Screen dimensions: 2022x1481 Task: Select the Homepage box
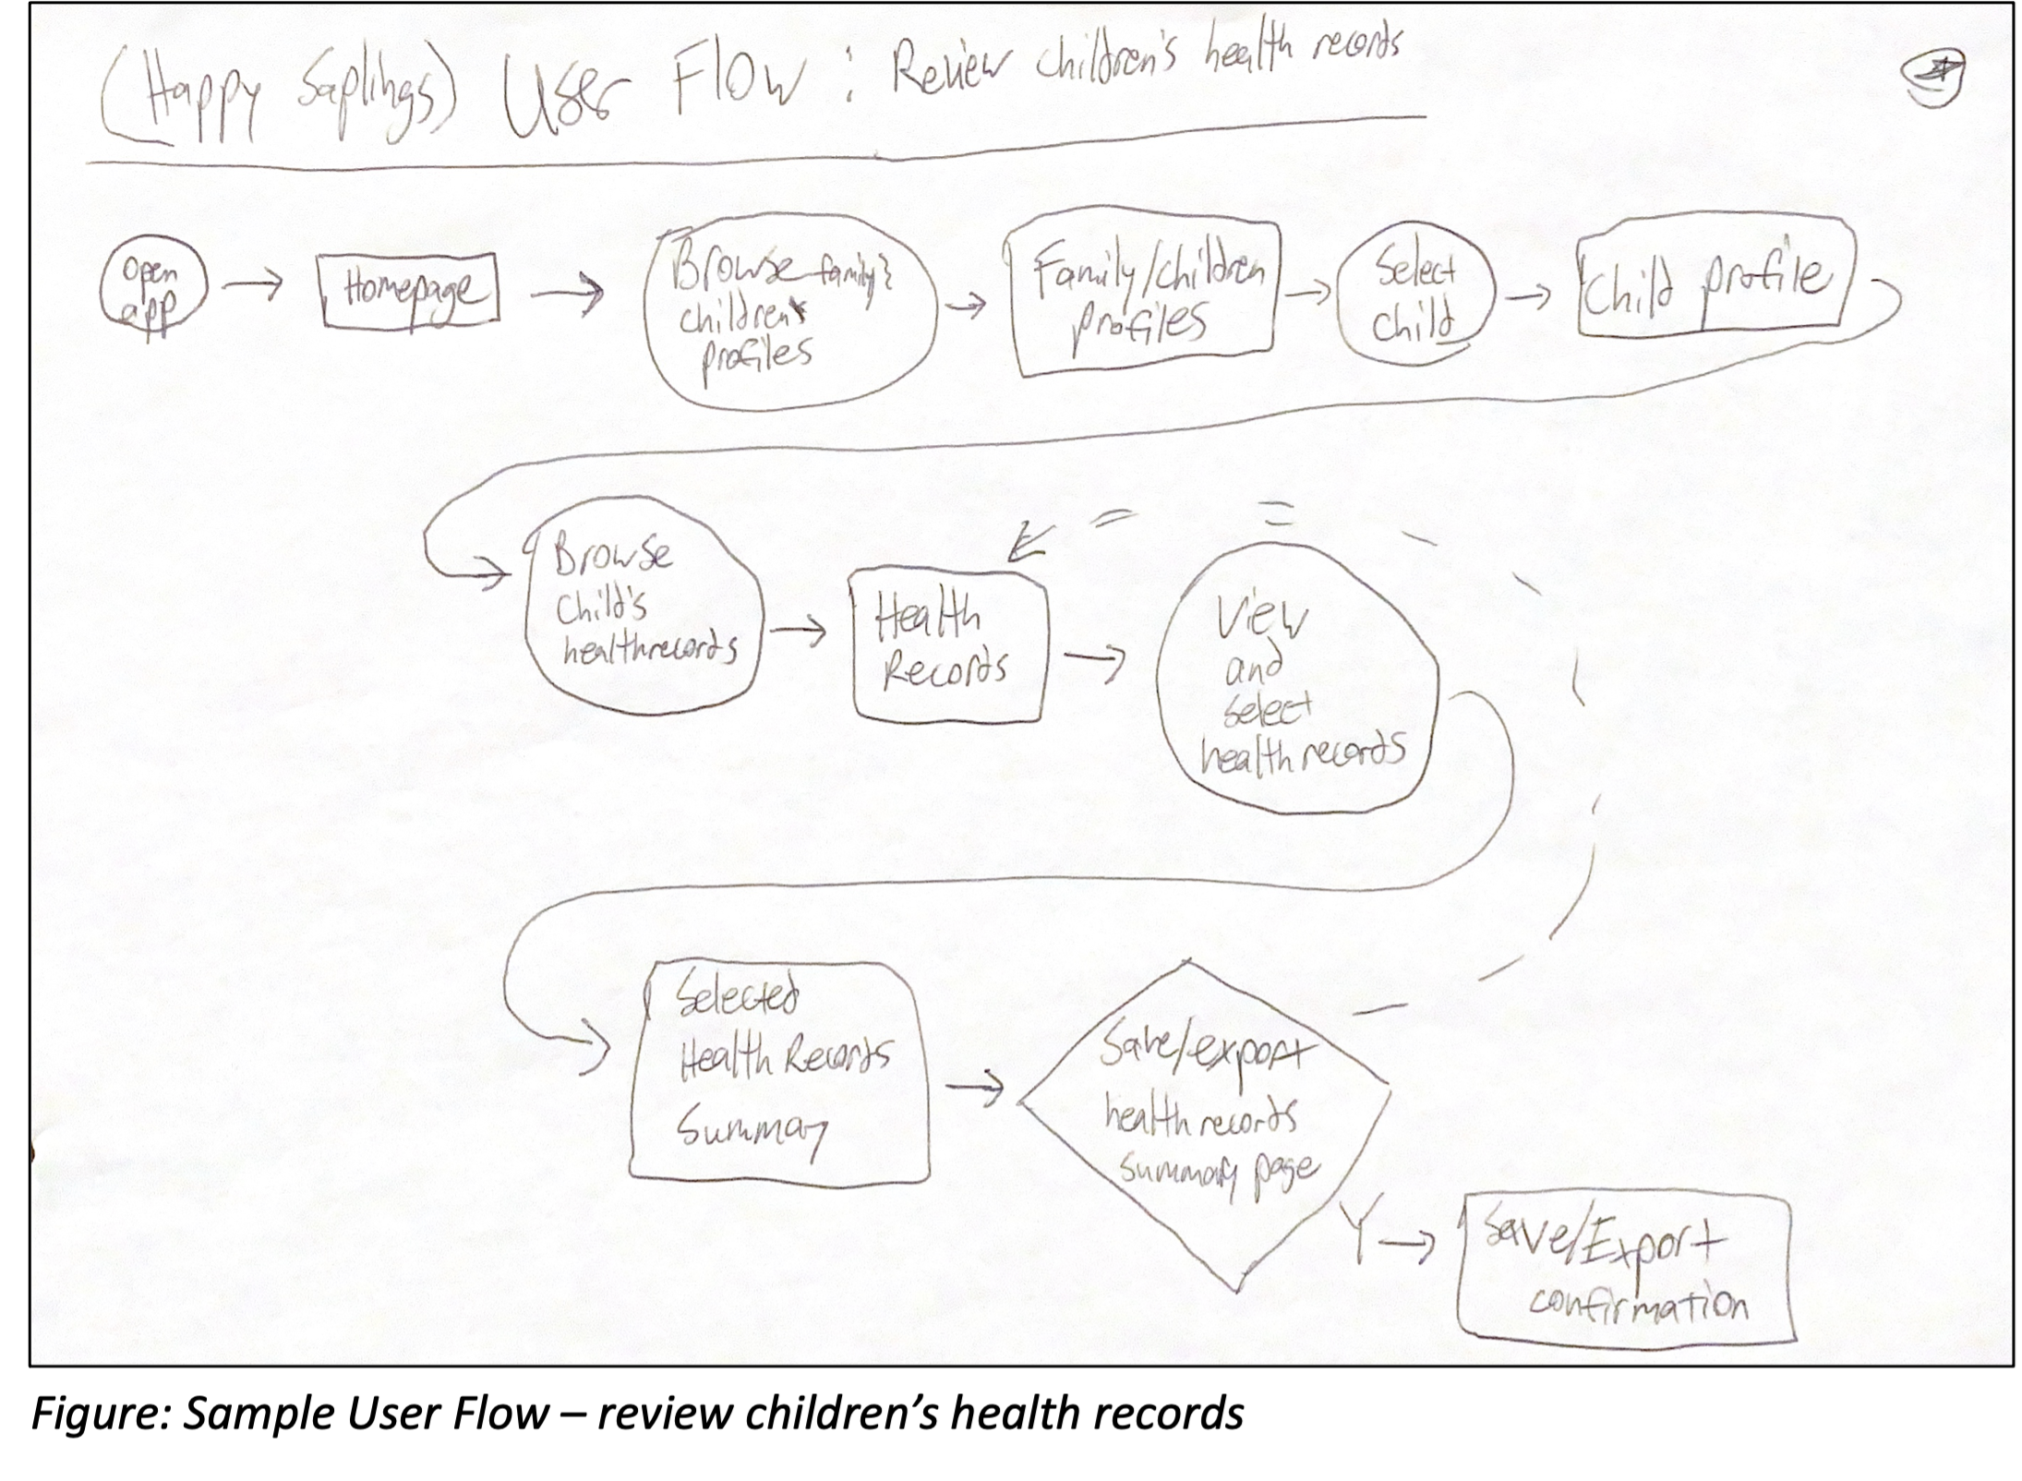(410, 290)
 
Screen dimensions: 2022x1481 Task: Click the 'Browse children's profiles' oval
(788, 310)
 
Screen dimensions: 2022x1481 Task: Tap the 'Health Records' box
(949, 644)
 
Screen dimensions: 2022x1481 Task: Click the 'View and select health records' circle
(1298, 681)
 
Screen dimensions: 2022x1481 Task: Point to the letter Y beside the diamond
(1355, 1232)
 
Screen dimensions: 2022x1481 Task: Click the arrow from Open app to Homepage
(253, 287)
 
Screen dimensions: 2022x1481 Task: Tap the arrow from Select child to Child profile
(1529, 296)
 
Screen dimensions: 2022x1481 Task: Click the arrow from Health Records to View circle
(1095, 659)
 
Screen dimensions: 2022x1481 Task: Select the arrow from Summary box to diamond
(975, 1088)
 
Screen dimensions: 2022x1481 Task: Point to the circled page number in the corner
(1933, 79)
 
